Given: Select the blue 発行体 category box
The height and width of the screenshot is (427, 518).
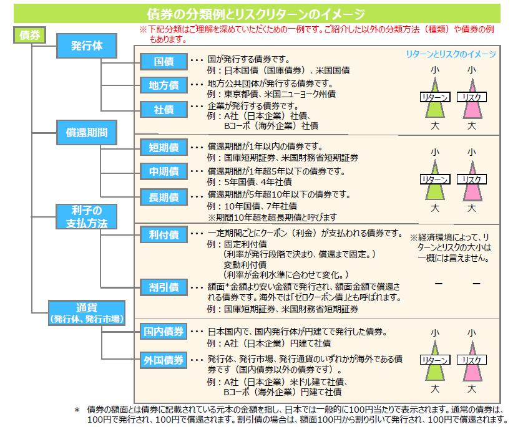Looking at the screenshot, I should [x=87, y=46].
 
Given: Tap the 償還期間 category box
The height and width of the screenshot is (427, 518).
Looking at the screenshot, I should [x=87, y=132].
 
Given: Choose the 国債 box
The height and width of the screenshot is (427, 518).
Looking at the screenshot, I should [x=164, y=61].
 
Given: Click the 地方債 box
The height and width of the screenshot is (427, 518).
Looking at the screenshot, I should [x=164, y=85].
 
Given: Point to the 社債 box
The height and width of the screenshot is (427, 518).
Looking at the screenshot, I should [x=164, y=110].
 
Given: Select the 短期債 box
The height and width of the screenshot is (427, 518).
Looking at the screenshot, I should [x=164, y=148].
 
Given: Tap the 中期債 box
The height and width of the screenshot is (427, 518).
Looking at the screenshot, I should [x=164, y=171].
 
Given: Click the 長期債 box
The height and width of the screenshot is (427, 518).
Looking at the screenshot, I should [x=164, y=198].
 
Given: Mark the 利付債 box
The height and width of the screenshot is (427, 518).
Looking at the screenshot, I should [x=164, y=235].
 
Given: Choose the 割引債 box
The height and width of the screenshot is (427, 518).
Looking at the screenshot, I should [x=164, y=287].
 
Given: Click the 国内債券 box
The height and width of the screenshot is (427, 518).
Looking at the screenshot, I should [x=163, y=332].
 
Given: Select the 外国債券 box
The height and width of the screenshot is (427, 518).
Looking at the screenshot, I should [x=163, y=360].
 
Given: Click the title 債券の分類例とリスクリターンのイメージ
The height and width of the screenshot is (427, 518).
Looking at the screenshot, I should [x=255, y=14].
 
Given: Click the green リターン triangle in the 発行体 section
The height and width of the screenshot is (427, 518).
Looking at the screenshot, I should [x=436, y=100].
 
